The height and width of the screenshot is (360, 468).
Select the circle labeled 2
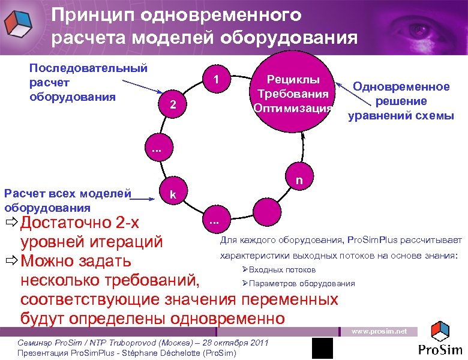click(173, 104)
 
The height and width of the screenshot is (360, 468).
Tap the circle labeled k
click(173, 194)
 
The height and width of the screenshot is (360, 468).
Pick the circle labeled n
click(299, 178)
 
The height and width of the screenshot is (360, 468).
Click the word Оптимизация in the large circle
click(293, 108)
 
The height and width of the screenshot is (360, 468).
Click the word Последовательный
click(88, 68)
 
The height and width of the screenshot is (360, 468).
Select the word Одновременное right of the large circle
click(401, 86)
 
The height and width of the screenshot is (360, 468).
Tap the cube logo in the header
click(18, 23)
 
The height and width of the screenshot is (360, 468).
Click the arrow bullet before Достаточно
click(11, 224)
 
